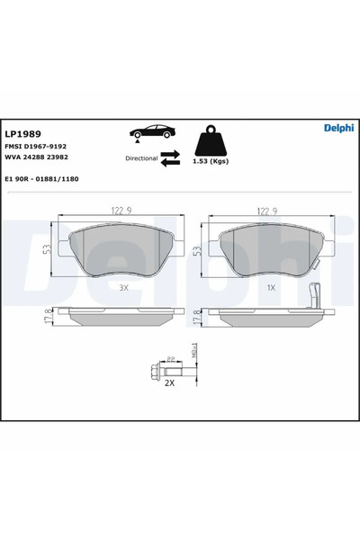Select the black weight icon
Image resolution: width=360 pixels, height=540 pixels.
point(210,141)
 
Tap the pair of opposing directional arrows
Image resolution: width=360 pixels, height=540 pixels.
point(170,157)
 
